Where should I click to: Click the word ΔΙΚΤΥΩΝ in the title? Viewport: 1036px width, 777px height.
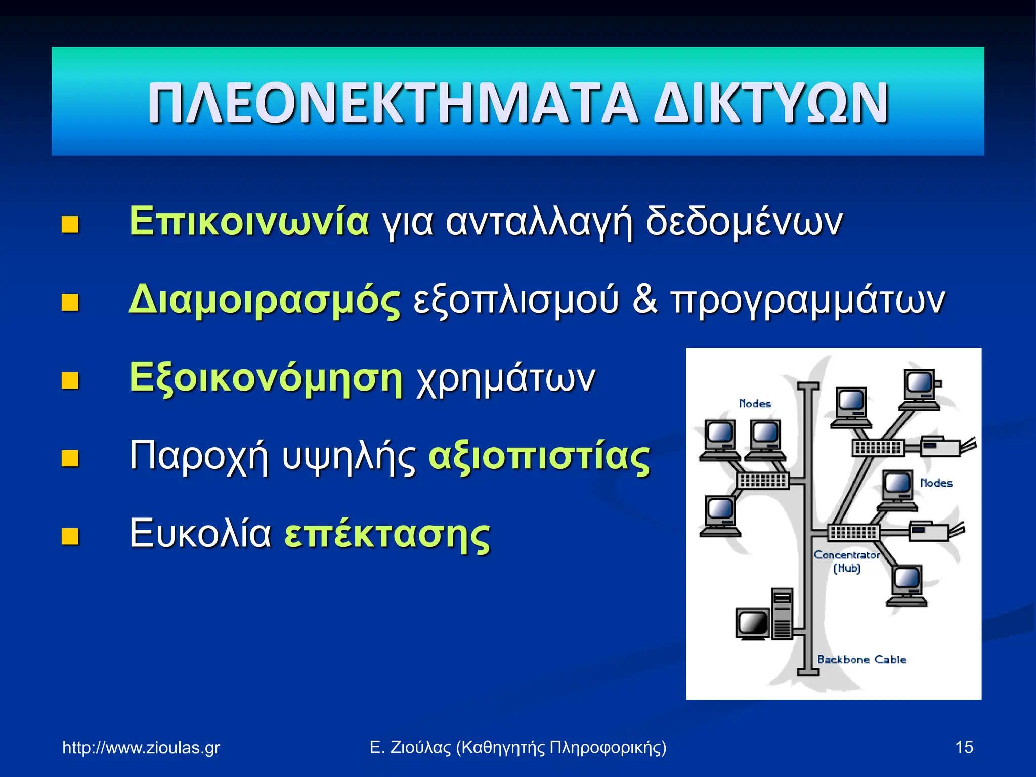pyautogui.click(x=771, y=103)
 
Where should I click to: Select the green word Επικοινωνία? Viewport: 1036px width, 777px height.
pyautogui.click(x=249, y=222)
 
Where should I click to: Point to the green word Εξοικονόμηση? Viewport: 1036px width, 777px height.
pyautogui.click(x=266, y=378)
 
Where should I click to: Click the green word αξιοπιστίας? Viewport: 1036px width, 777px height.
pyautogui.click(x=539, y=457)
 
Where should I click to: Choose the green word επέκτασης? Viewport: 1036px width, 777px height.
pyautogui.click(x=387, y=535)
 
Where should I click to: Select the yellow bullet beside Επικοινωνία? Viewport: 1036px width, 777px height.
pyautogui.click(x=70, y=225)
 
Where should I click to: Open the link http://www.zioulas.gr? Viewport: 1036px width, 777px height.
pyautogui.click(x=141, y=747)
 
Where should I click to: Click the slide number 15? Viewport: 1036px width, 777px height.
pyautogui.click(x=964, y=747)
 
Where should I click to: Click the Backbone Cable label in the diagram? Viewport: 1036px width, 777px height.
pyautogui.click(x=861, y=659)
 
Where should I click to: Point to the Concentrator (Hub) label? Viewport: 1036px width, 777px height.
pyautogui.click(x=846, y=561)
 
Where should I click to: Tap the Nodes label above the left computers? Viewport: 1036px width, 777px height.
pyautogui.click(x=755, y=403)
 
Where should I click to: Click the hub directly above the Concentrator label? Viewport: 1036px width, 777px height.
pyautogui.click(x=853, y=532)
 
